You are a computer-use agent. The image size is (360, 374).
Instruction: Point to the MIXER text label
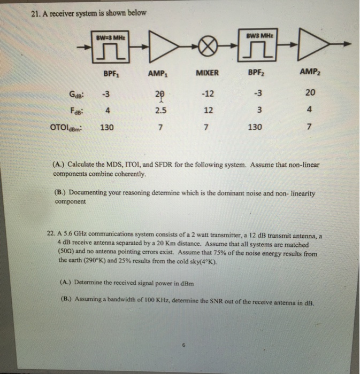click(x=208, y=73)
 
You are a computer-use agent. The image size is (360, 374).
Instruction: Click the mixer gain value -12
click(x=208, y=94)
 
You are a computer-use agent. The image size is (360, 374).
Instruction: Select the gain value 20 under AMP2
click(x=310, y=93)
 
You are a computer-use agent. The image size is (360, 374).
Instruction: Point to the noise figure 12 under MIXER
click(x=208, y=111)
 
